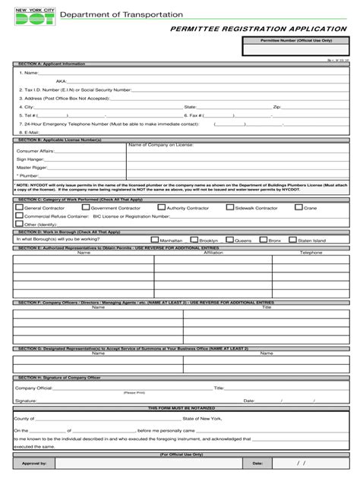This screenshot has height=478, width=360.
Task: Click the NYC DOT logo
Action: (x=31, y=18)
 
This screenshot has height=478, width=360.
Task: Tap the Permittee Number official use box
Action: (x=297, y=49)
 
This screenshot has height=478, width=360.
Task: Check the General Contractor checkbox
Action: (x=19, y=207)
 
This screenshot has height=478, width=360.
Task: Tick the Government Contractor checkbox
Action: (x=85, y=207)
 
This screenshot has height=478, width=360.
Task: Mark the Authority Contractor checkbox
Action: (x=161, y=207)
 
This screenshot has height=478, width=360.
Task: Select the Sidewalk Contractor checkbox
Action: (x=229, y=207)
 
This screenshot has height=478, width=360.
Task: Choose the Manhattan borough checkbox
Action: (x=154, y=240)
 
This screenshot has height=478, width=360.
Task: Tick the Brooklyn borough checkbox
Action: (x=194, y=240)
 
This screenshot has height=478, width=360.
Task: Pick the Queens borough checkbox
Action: (x=229, y=240)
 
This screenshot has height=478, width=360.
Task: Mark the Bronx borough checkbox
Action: (x=263, y=240)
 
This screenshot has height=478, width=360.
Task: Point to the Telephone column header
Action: (x=311, y=252)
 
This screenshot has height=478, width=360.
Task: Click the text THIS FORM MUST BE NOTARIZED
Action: (x=180, y=407)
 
